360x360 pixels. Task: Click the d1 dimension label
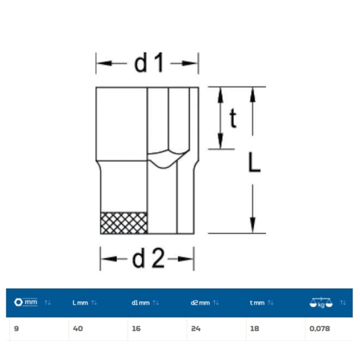[149, 63]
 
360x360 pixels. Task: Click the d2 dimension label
[148, 258]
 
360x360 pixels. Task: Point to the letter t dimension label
[233, 118]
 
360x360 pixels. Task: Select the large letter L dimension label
[255, 162]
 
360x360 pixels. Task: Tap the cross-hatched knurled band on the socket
[124, 223]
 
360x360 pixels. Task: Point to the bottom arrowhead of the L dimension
[253, 225]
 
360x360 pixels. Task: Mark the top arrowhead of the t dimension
[220, 95]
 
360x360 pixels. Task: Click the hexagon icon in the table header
[18, 302]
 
